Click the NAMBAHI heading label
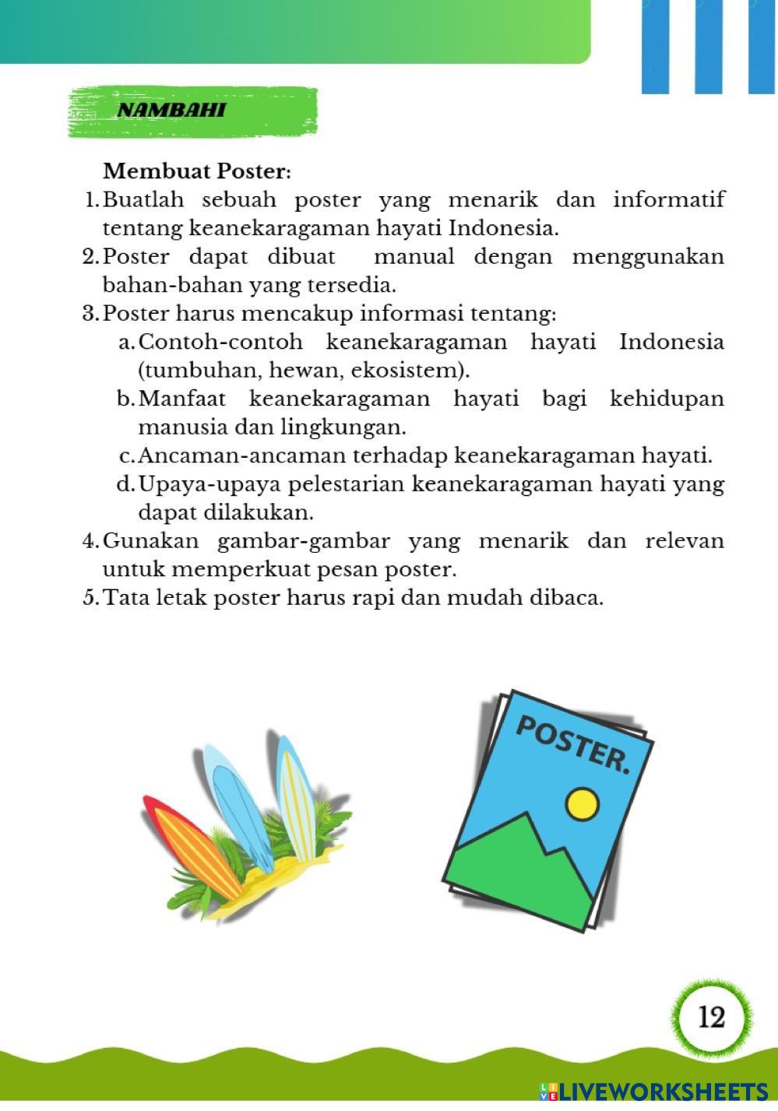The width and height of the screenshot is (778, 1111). (x=171, y=110)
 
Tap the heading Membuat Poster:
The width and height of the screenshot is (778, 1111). (x=197, y=171)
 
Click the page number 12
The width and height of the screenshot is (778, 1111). (x=712, y=1016)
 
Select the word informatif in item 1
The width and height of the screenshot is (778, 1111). (x=669, y=199)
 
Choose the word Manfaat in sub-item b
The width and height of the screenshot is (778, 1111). (x=182, y=399)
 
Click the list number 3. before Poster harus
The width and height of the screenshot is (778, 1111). (x=90, y=314)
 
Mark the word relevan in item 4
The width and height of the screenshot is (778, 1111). (x=685, y=540)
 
